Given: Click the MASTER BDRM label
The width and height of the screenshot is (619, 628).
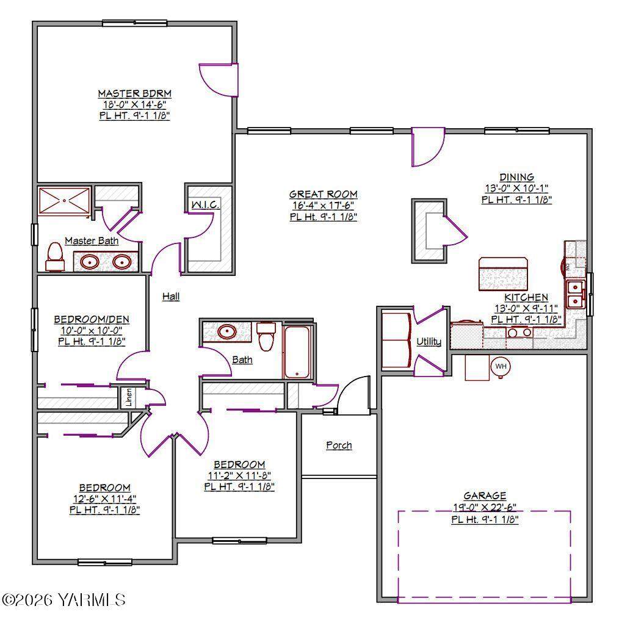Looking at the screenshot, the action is pos(135,94).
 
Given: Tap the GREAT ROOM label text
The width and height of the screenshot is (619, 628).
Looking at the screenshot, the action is pos(324,194).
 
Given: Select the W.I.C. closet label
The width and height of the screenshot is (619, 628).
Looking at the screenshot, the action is pos(205,205).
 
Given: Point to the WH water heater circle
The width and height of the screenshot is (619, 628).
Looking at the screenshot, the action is pos(501,366).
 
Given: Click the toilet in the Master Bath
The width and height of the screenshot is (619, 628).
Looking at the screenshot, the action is pos(55,257).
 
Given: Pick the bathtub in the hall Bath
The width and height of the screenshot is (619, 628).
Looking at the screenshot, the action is pos(297,352).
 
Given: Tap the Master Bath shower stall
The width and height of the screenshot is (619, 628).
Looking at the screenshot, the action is pos(64,201).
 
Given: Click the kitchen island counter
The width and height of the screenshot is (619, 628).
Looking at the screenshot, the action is pos(503,274).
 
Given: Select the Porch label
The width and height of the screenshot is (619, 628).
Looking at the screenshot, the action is pos(339,446).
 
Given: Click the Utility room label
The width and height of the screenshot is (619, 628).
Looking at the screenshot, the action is pos(429,342).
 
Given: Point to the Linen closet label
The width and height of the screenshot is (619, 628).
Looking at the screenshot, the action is pos(129,397).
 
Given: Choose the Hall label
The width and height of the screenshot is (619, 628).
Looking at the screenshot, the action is pos(171,297).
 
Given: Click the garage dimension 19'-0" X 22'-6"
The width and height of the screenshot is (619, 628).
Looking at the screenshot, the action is pos(485,507).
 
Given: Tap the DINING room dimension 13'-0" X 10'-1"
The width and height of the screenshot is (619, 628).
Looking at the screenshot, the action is pos(517,188).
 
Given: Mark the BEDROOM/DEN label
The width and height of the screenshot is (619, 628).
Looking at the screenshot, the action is pos(92,319).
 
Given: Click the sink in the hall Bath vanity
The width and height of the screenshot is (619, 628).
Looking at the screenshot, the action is pos(227,331).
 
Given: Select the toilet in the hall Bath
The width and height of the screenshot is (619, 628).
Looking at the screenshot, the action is pos(266,336).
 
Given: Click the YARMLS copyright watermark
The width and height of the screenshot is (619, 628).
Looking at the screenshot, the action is pos(63,600).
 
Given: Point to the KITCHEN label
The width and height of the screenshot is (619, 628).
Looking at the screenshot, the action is pos(526,298).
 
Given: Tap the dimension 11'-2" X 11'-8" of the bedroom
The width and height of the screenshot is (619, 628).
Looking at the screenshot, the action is pos(239,475).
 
